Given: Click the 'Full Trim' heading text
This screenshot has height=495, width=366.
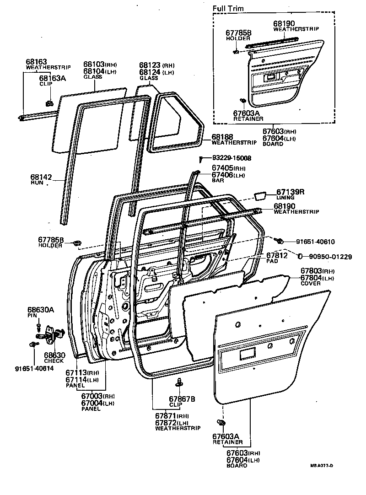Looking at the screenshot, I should [x=228, y=8].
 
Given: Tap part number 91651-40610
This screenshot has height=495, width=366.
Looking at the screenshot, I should [x=315, y=242].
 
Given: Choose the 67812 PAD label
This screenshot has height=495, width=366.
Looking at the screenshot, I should [x=277, y=255].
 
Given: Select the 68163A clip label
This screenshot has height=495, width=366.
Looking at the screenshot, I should [x=52, y=78].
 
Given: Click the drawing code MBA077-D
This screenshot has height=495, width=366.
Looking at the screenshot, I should [x=322, y=466].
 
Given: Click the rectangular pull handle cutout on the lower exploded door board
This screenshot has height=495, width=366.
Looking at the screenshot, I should [x=247, y=353].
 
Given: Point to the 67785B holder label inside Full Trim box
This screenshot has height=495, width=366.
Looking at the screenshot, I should [x=239, y=33].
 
